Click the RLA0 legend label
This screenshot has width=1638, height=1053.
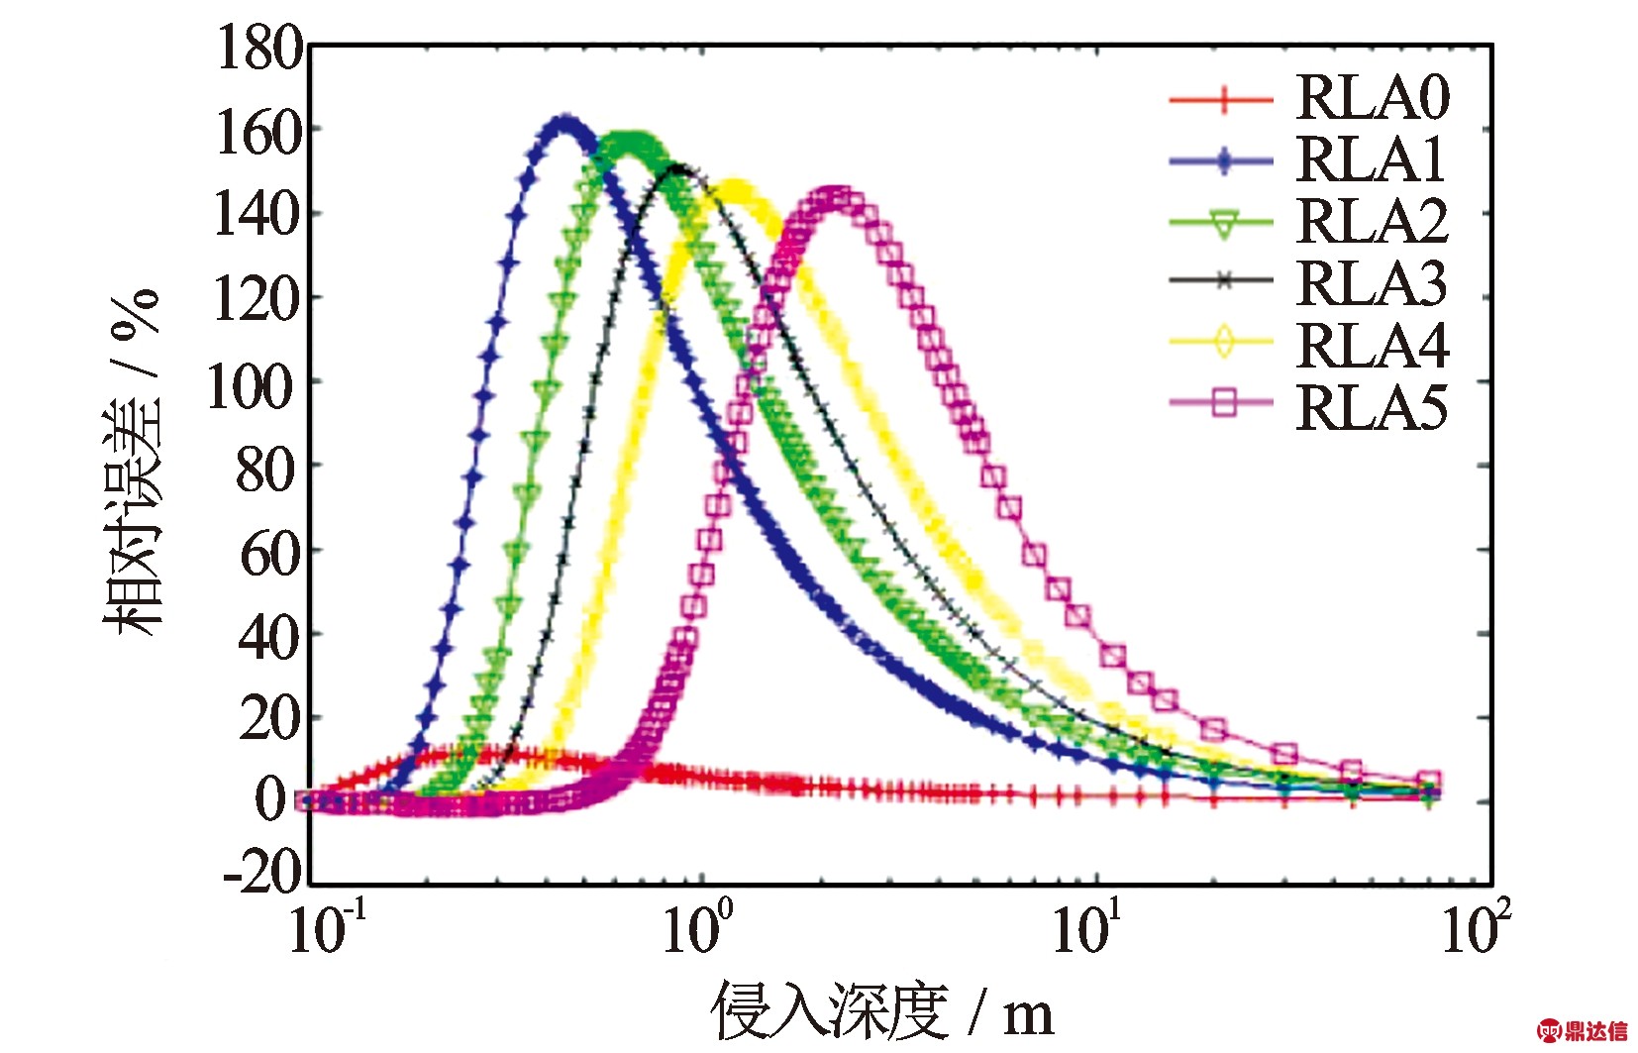(x=1372, y=97)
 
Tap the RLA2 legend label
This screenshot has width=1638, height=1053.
(x=1372, y=221)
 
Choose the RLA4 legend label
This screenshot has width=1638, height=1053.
(x=1372, y=345)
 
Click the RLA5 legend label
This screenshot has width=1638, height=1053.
(x=1372, y=406)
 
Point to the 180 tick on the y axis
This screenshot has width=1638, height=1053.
(x=259, y=48)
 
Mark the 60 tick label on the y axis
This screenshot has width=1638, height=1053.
(x=269, y=553)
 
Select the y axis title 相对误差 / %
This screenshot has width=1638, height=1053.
(x=133, y=462)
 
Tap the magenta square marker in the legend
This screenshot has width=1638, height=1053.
(x=1224, y=403)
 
